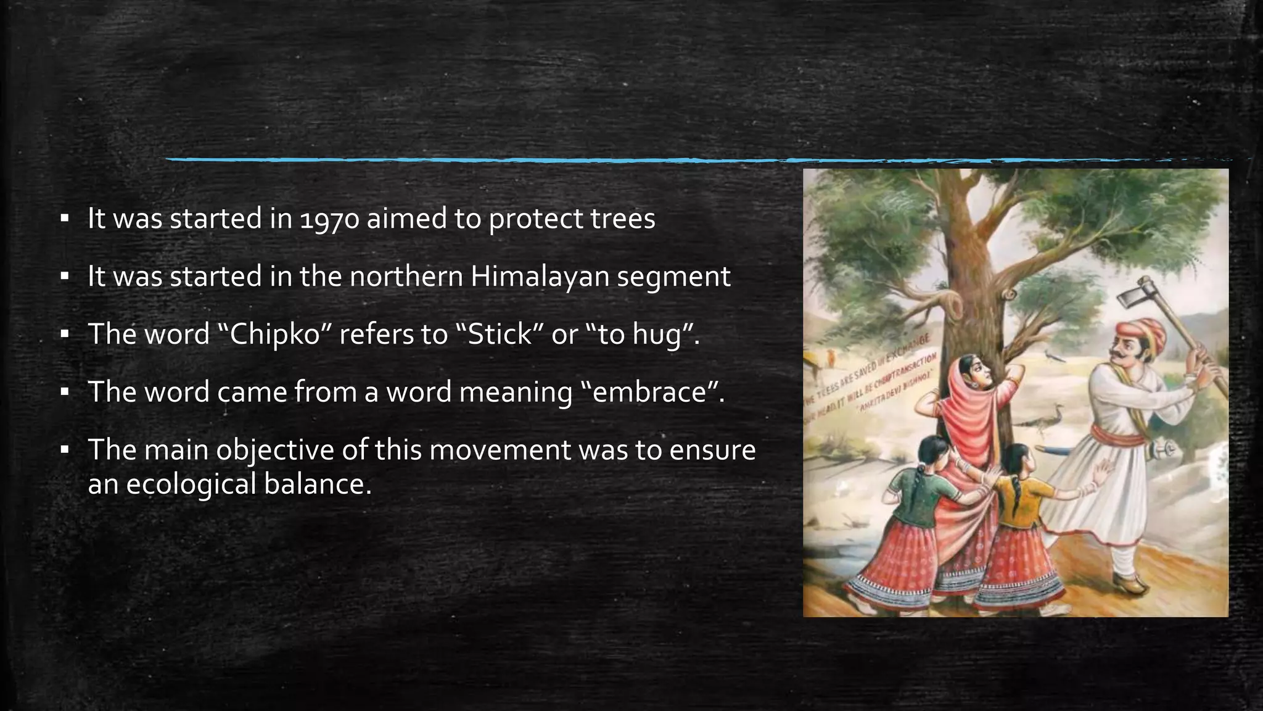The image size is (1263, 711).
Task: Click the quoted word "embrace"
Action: coord(653,392)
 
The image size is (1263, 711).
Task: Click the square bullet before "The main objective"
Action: coord(64,450)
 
